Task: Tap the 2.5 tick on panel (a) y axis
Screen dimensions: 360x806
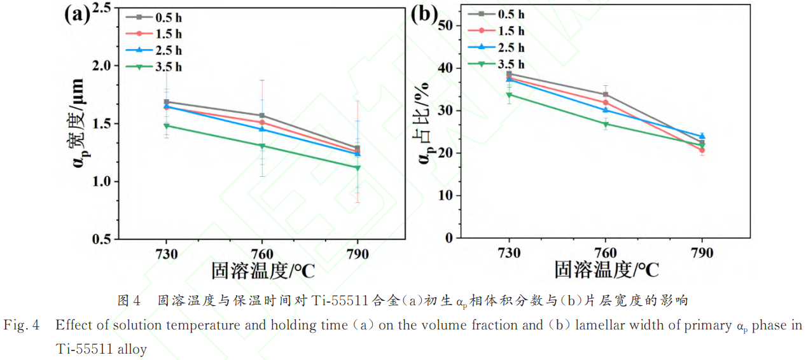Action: tap(102, 8)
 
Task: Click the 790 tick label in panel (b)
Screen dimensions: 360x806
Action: tap(702, 253)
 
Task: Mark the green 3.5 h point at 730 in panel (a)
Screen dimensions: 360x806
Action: tap(167, 126)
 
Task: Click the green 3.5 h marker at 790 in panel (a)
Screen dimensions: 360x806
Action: tap(358, 168)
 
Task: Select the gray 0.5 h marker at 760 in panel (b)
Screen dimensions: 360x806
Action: tap(605, 95)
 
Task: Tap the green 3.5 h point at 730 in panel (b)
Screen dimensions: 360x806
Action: tap(509, 95)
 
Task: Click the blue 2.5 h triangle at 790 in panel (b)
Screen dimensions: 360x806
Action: tap(702, 135)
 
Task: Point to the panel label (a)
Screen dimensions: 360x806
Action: tap(78, 15)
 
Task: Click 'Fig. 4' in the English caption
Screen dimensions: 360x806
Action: tap(22, 326)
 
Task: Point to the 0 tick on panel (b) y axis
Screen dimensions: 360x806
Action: tap(450, 238)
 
